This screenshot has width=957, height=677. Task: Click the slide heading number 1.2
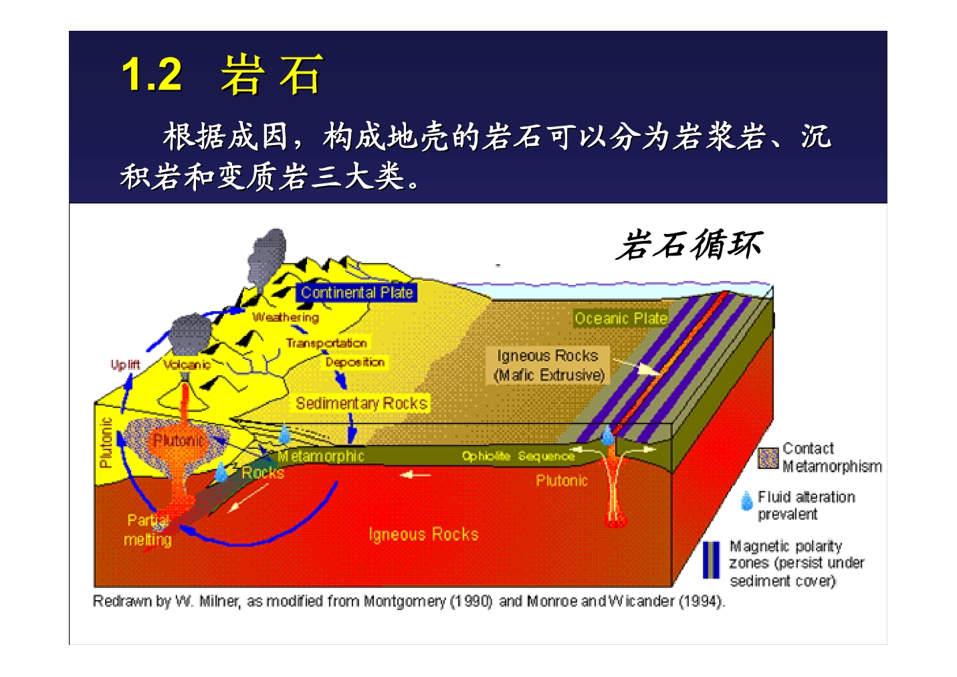point(152,75)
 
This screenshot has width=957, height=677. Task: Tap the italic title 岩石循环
point(689,245)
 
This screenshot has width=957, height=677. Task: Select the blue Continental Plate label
point(356,293)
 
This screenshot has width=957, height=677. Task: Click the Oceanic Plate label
point(621,318)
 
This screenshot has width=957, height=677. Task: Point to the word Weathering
point(286,317)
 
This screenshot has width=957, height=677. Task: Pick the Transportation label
point(326,343)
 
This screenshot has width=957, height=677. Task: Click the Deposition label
point(355,362)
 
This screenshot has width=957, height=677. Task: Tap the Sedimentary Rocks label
point(361,403)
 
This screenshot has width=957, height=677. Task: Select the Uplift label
point(125,365)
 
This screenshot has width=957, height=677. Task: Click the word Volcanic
point(187,365)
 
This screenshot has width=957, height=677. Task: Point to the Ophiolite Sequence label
point(518,456)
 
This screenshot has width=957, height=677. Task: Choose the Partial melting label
point(148,530)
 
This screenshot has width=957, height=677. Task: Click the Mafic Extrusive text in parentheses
point(549,375)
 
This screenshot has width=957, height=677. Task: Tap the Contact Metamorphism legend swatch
point(768,458)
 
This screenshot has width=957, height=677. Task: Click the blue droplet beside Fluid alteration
point(746,500)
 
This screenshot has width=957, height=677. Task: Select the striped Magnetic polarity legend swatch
point(711,560)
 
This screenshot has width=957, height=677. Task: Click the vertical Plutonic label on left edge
point(106,442)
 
